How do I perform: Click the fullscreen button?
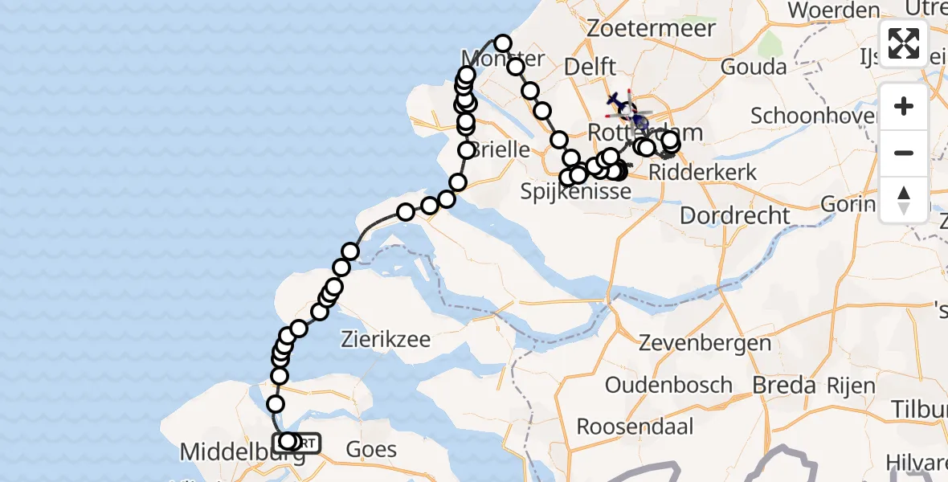pos(904,43)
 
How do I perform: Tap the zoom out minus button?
pos(904,153)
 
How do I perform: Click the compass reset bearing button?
pos(904,198)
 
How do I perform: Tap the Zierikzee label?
pos(386,338)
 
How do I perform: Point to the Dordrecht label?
pos(735,215)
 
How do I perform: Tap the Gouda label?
pos(753,67)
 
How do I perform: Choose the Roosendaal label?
pos(635,425)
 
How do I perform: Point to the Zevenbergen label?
pos(705,344)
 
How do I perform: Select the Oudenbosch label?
pos(668,385)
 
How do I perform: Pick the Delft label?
pos(590,67)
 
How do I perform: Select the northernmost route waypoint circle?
pos(503,43)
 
